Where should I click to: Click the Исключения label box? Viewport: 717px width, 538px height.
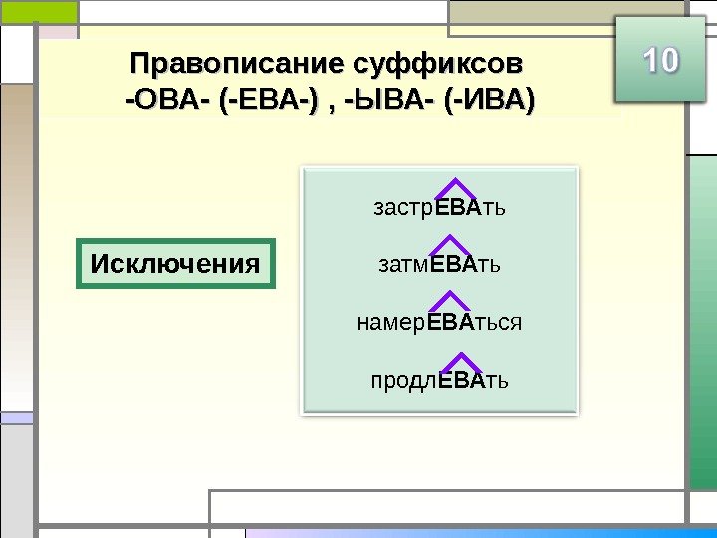175,265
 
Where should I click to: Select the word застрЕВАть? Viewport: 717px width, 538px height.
440,209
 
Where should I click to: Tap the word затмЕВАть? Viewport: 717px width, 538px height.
440,266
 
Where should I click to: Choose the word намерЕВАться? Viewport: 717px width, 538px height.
440,323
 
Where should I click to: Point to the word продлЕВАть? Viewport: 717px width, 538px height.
440,380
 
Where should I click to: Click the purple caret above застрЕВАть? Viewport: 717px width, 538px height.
455,189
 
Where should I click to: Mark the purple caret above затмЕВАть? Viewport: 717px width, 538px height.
455,246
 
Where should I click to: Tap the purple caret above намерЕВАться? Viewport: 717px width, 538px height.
455,303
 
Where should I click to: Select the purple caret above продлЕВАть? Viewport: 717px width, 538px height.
455,360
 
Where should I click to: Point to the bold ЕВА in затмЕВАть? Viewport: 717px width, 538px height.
456,266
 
